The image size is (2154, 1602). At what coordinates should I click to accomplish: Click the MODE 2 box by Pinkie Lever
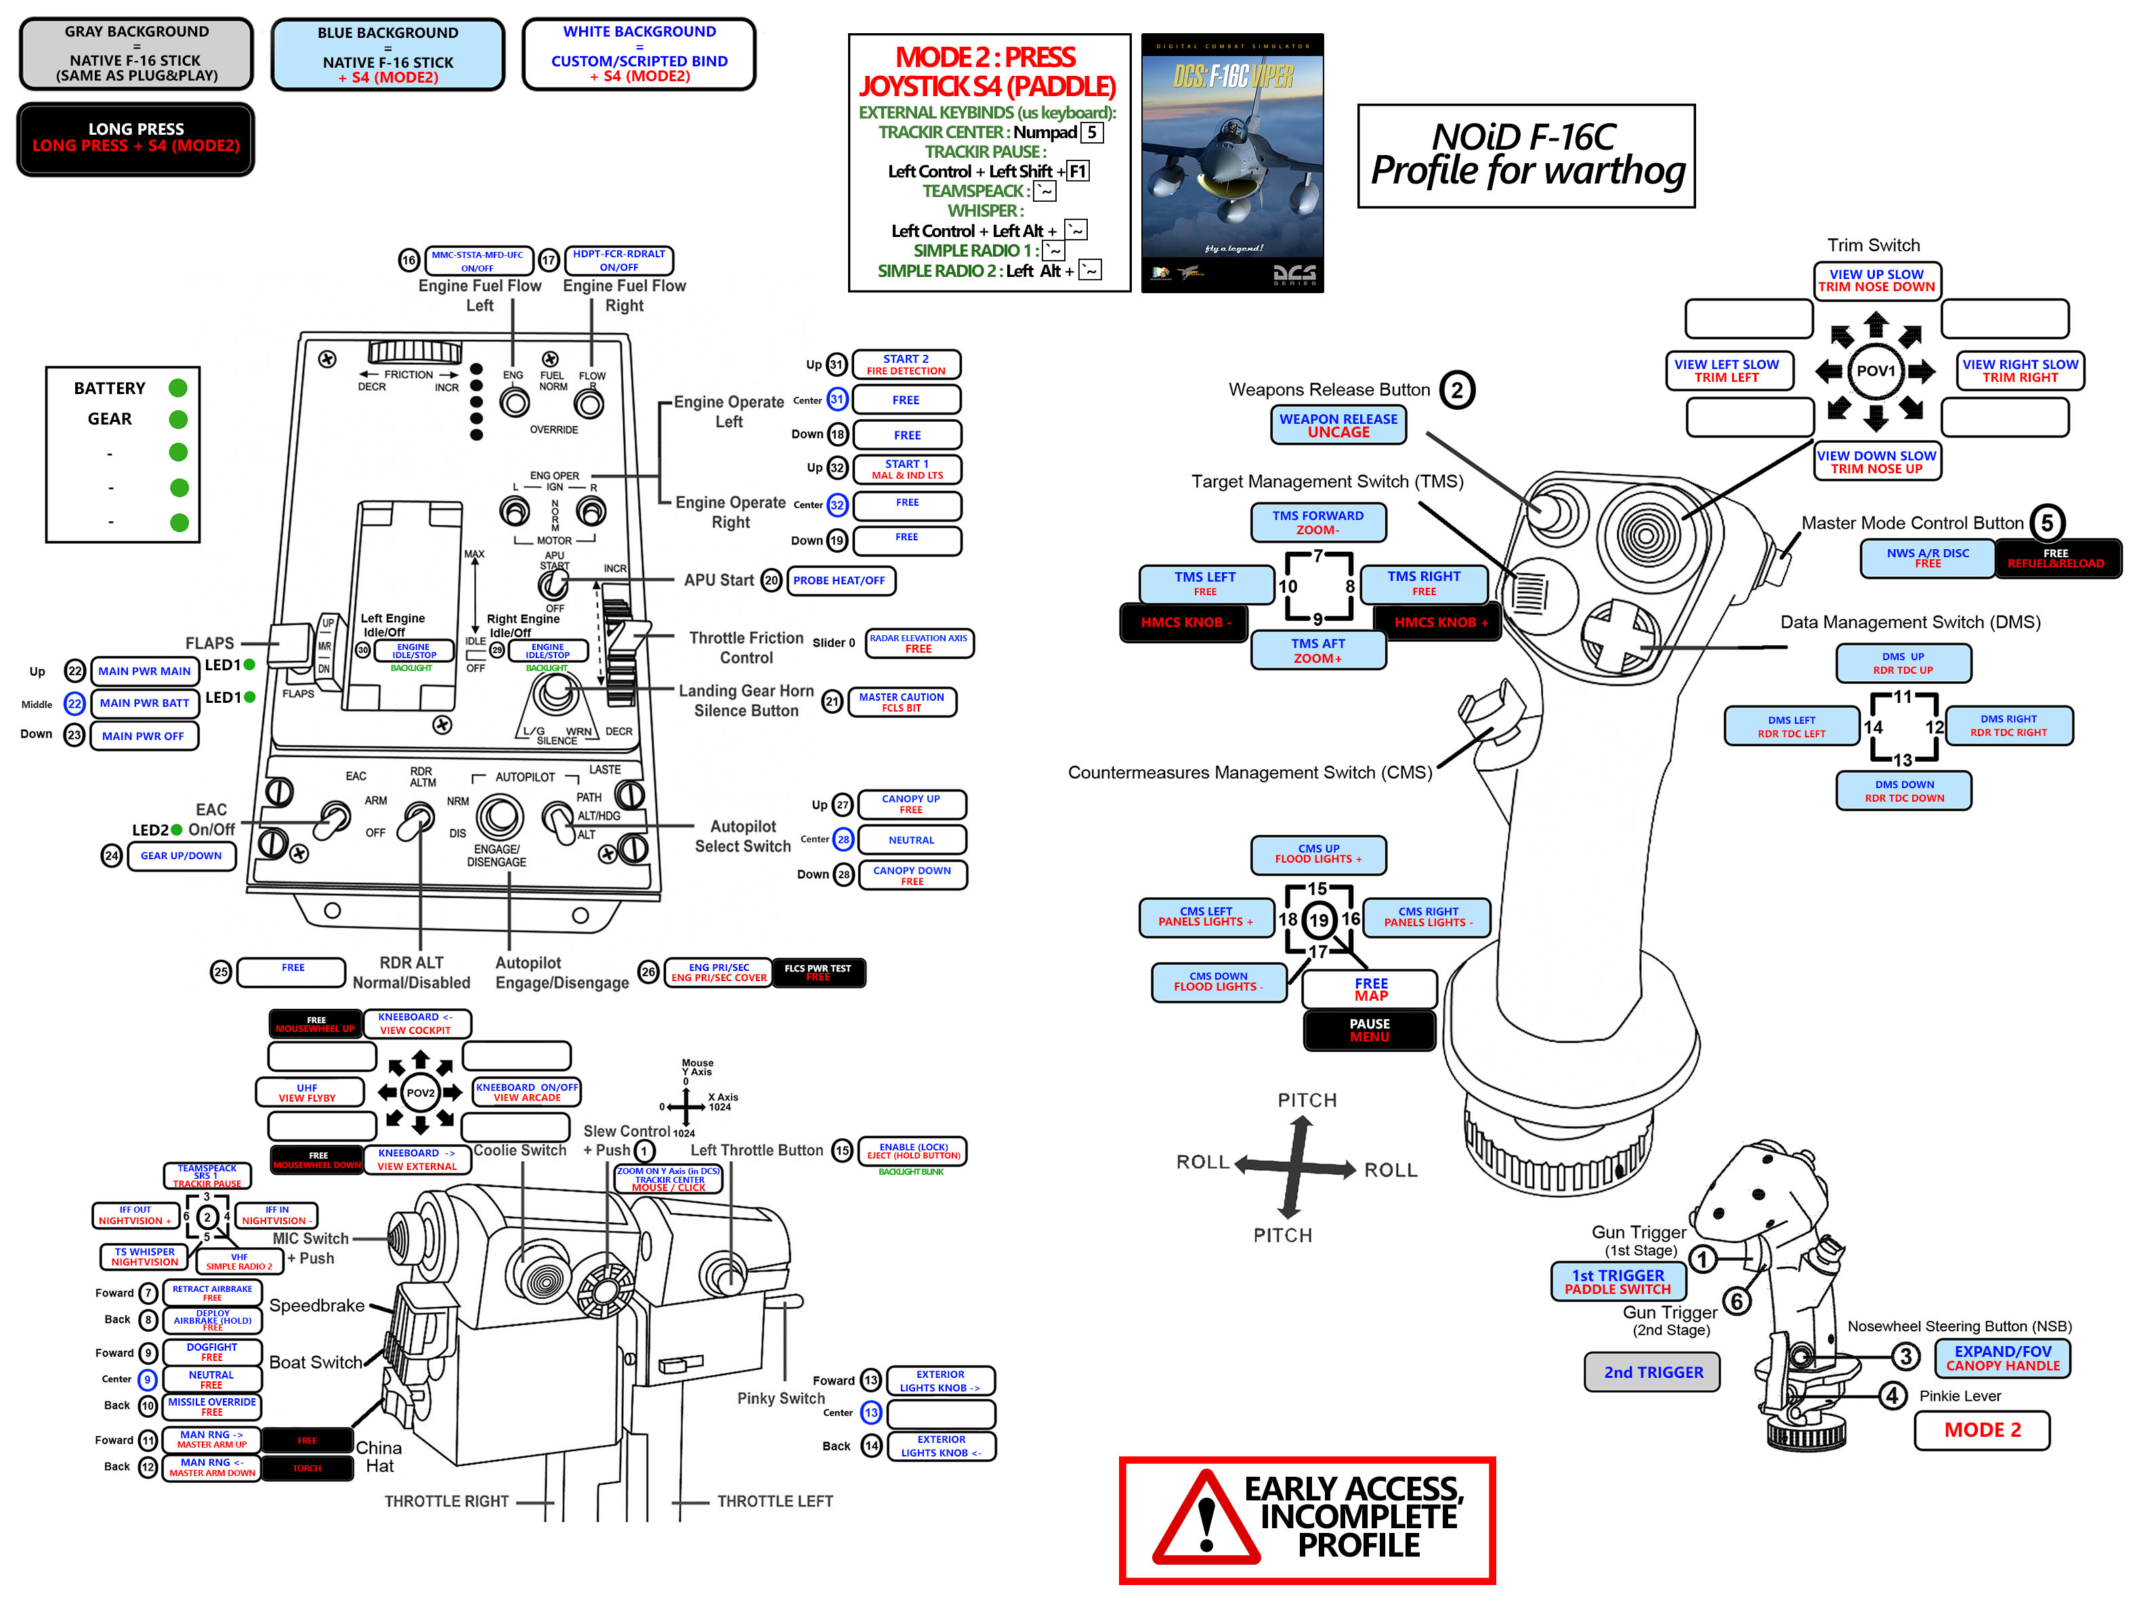coord(1981,1430)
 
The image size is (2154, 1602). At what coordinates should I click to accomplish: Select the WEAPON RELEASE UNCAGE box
coord(1338,425)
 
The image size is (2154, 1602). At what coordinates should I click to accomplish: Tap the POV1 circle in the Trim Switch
coord(1875,370)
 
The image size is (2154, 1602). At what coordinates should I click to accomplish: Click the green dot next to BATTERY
coord(177,388)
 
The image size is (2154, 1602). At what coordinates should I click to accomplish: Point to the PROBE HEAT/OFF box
coord(840,581)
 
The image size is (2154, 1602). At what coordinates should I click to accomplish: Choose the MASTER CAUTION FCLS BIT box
coord(901,702)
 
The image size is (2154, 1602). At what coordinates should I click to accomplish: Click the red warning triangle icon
coord(1206,1519)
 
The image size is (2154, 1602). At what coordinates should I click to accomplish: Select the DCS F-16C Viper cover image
coord(1231,163)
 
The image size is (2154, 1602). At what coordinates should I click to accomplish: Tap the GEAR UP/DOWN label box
coord(182,857)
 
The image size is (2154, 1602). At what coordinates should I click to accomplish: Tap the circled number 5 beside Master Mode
coord(2046,523)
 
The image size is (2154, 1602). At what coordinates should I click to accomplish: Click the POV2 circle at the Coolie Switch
coord(420,1093)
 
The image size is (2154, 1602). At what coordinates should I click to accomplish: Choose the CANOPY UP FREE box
coord(910,804)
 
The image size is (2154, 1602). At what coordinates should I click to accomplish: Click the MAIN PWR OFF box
coord(144,736)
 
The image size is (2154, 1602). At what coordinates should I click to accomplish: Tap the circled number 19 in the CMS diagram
coord(1319,919)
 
